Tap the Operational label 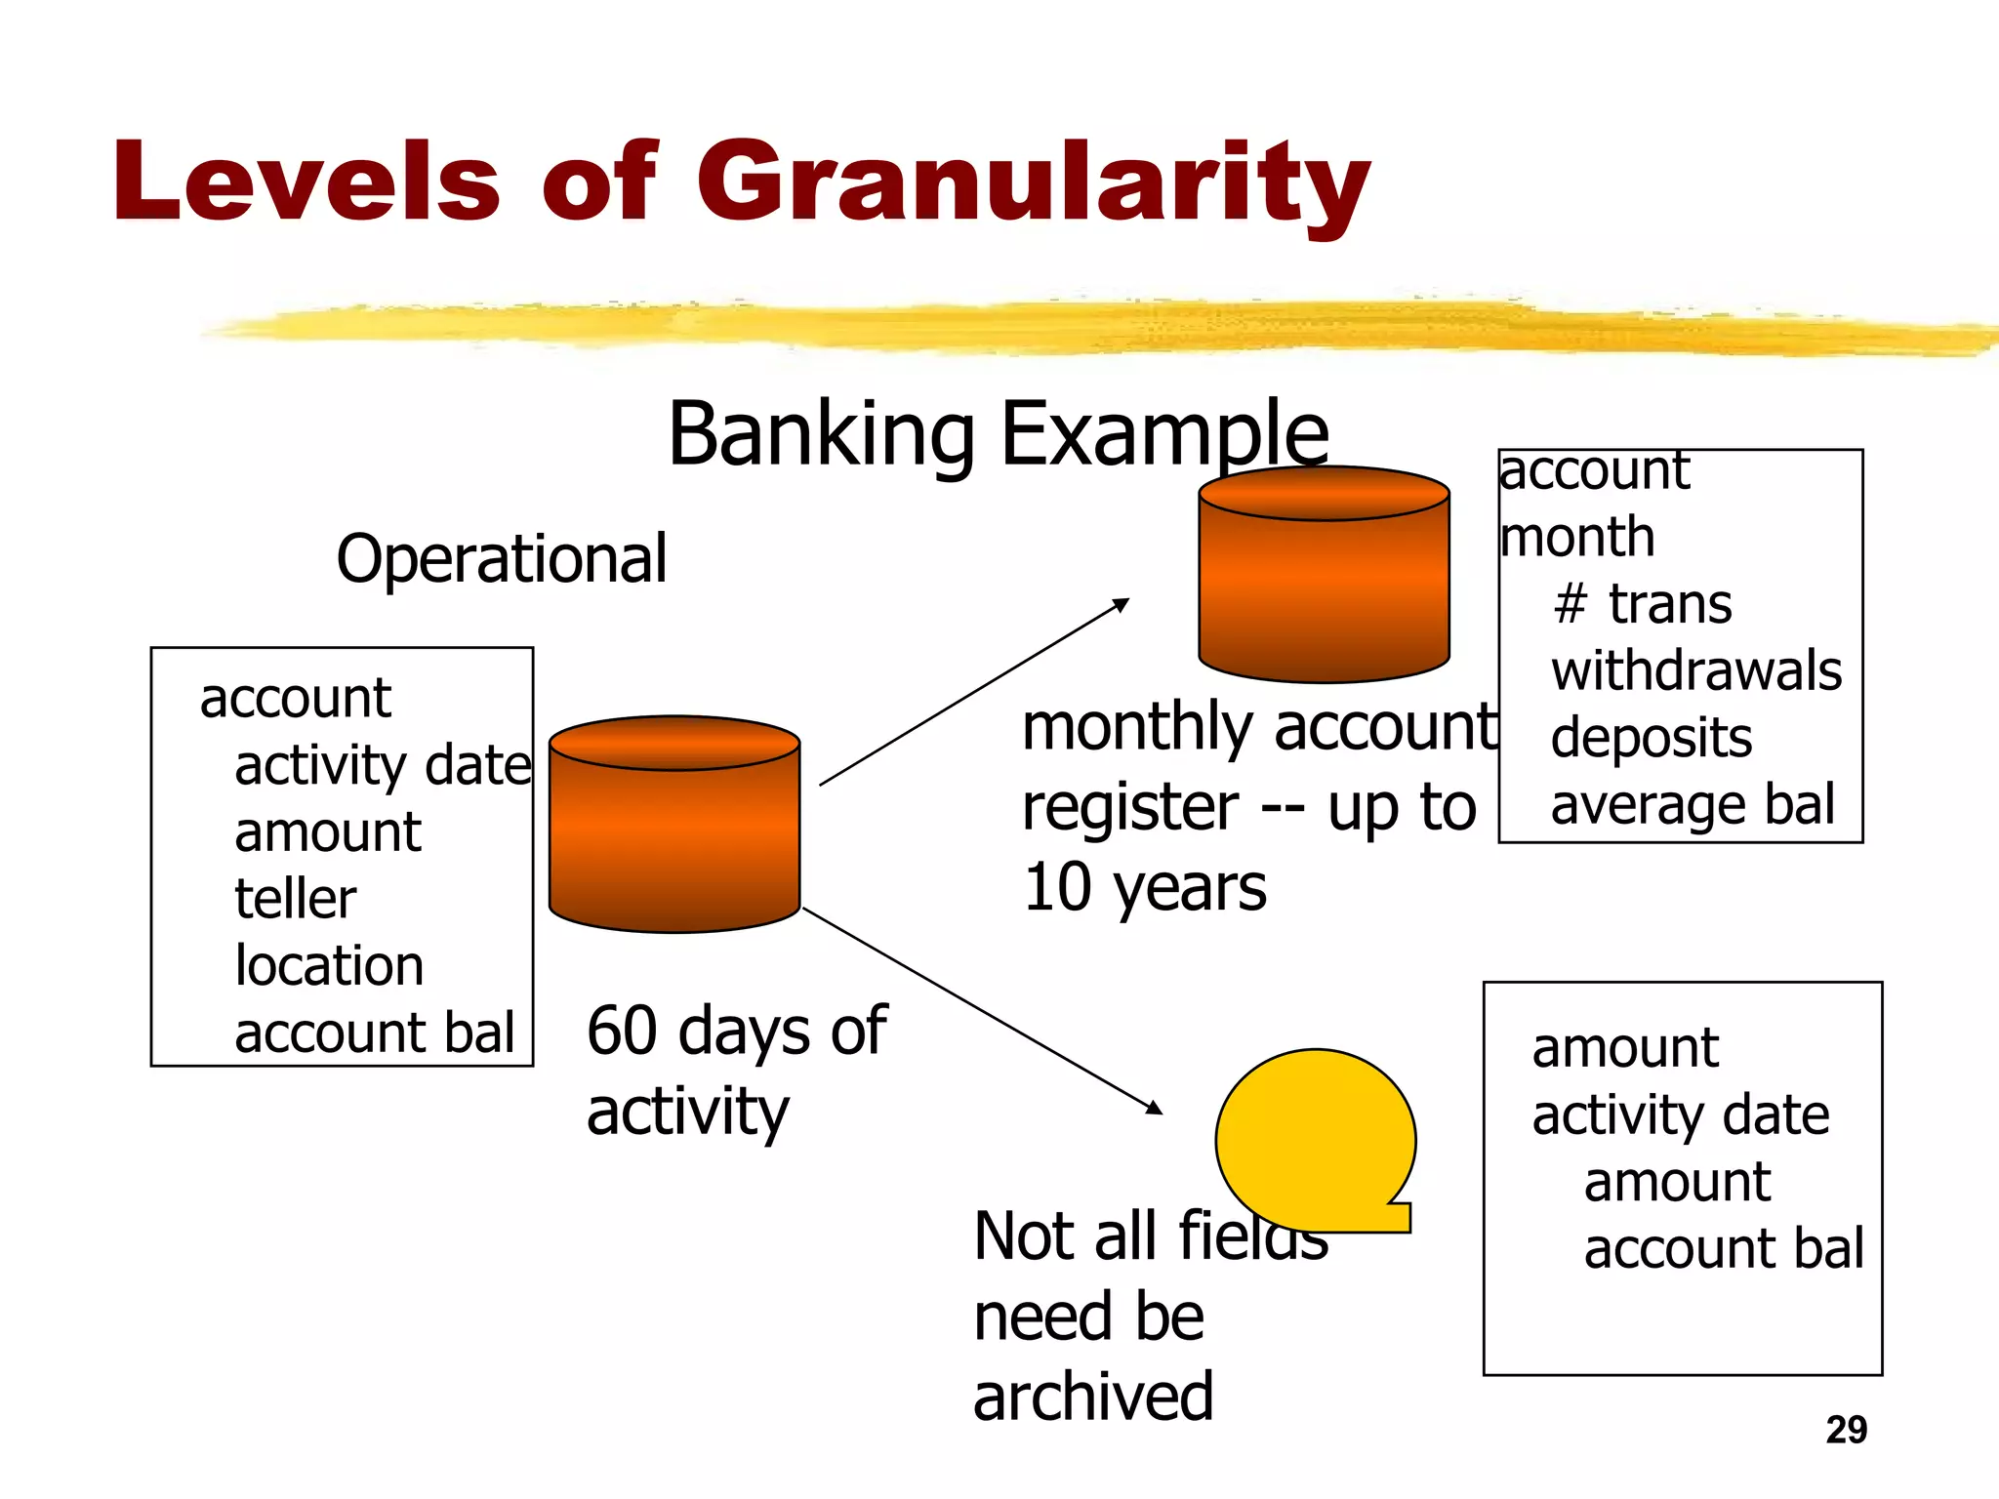click(502, 559)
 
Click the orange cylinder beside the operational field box click(674, 825)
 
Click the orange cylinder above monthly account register click(1324, 576)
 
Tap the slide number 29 click(1846, 1430)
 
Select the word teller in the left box click(295, 899)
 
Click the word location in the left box click(329, 966)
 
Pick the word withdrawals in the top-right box click(1696, 671)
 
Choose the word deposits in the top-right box click(1652, 738)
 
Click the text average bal click(1693, 805)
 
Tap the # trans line click(1643, 604)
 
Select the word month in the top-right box click(1577, 538)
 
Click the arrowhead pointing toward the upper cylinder click(1122, 604)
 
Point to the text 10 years click(1144, 888)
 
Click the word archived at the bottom click(1093, 1397)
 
